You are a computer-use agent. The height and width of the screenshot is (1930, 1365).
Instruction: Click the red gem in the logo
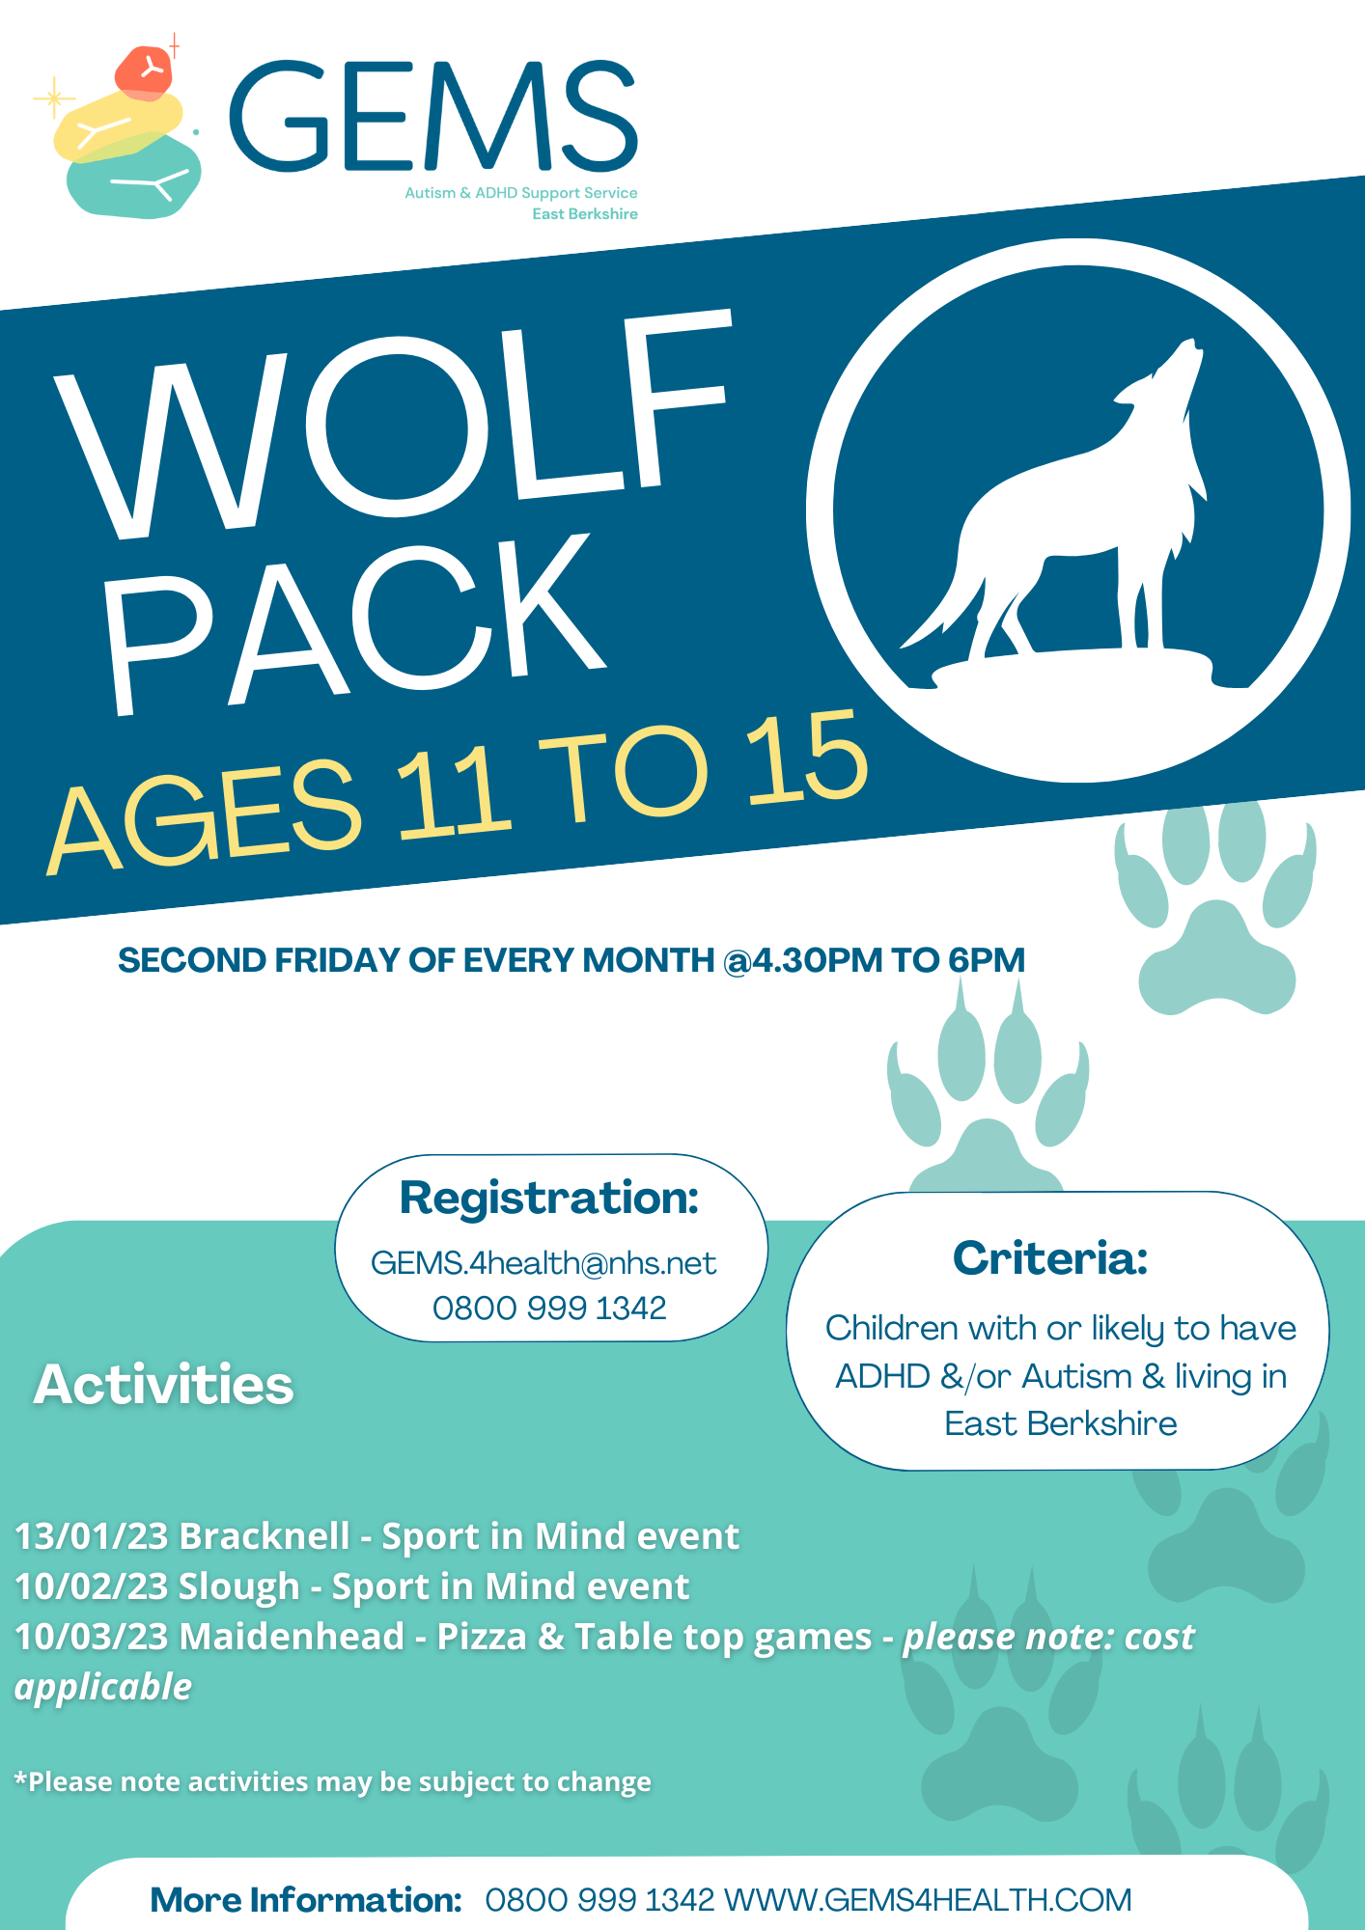point(144,72)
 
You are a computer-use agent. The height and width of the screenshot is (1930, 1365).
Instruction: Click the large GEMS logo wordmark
point(433,116)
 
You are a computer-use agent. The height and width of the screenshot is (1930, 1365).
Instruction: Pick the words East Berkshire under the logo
point(585,214)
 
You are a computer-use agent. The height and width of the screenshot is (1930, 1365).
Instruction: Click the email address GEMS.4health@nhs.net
point(543,1263)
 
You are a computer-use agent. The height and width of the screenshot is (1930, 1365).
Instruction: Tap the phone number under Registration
point(549,1309)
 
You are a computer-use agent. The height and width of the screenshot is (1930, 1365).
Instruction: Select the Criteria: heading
point(1050,1258)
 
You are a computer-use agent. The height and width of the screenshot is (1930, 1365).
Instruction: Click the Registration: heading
point(549,1198)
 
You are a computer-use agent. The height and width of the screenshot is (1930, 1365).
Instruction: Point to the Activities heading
point(163,1385)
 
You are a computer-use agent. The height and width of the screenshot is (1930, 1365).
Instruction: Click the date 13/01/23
point(92,1536)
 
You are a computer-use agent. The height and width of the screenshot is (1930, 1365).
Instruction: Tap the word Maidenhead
point(292,1637)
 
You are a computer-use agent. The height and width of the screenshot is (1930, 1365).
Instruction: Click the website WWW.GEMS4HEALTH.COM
point(928,1900)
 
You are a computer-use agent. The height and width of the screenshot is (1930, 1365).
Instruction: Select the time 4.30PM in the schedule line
point(817,961)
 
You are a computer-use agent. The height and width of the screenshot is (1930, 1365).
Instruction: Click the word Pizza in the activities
point(482,1637)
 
